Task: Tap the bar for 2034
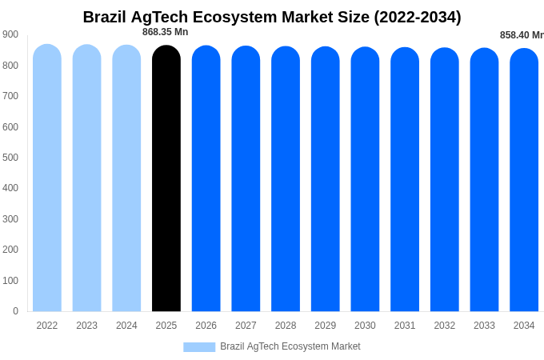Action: [524, 180]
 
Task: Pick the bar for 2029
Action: [325, 179]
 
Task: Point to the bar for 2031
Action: [405, 179]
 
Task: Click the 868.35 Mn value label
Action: [165, 32]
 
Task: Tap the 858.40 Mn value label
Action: [521, 35]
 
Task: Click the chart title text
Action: [272, 17]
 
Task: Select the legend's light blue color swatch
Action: [199, 347]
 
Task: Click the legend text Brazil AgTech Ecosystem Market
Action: [290, 346]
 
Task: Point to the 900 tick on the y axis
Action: [10, 34]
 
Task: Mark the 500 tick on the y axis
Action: [10, 158]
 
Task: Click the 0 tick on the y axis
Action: [15, 311]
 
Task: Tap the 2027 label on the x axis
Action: [246, 326]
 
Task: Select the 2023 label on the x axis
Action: [86, 326]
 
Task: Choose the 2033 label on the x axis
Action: [484, 326]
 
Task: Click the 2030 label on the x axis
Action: [365, 326]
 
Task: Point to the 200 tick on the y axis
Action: [10, 250]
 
